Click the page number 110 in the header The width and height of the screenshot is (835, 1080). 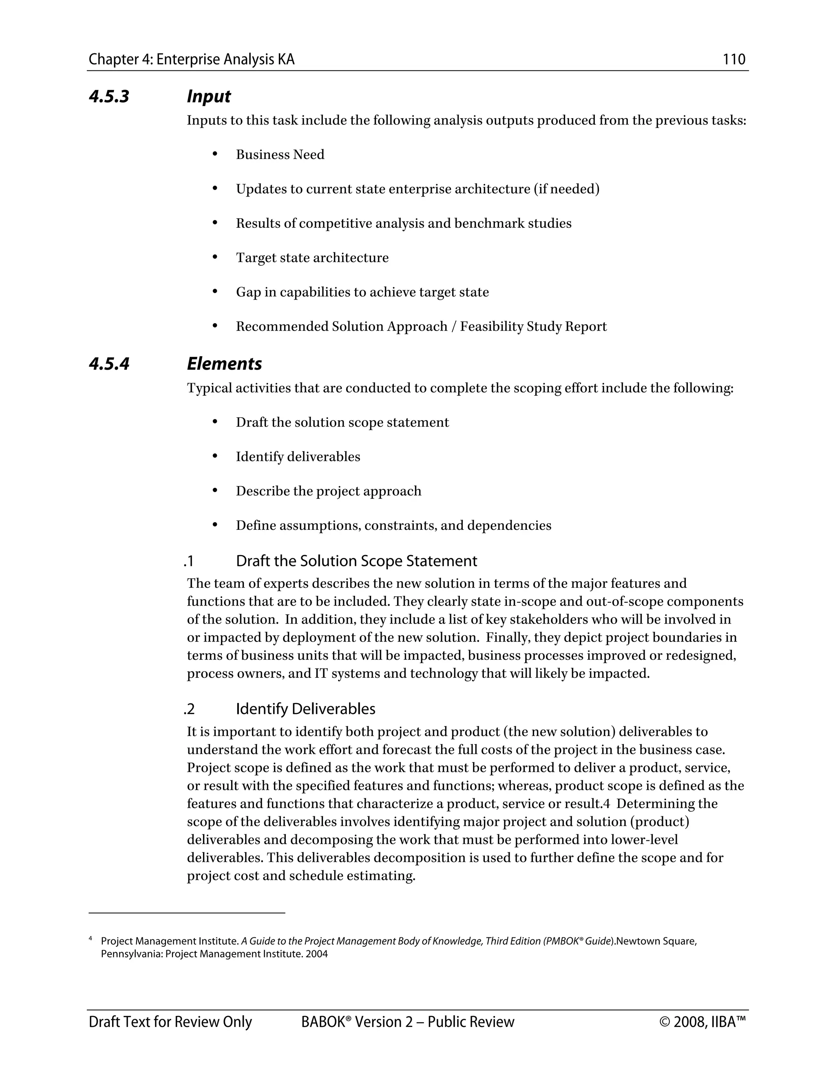coord(733,60)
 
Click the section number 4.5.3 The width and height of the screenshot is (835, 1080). coord(109,97)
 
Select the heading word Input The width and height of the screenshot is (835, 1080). coord(208,97)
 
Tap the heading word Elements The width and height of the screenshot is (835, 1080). coord(224,364)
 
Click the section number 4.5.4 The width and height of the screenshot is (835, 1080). coord(109,364)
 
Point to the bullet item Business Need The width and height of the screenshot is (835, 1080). coord(280,155)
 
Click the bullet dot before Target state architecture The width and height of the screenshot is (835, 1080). coord(215,257)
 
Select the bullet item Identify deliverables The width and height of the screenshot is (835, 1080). coord(298,456)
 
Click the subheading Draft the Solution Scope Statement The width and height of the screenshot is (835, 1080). coord(356,561)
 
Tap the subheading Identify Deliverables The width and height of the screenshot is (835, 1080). coord(305,709)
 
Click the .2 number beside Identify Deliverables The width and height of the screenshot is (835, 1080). coord(189,709)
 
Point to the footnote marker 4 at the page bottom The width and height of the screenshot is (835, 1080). coord(91,938)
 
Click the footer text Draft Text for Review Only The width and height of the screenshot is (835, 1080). coord(170,1022)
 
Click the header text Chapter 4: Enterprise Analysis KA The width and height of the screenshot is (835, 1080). coord(192,60)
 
